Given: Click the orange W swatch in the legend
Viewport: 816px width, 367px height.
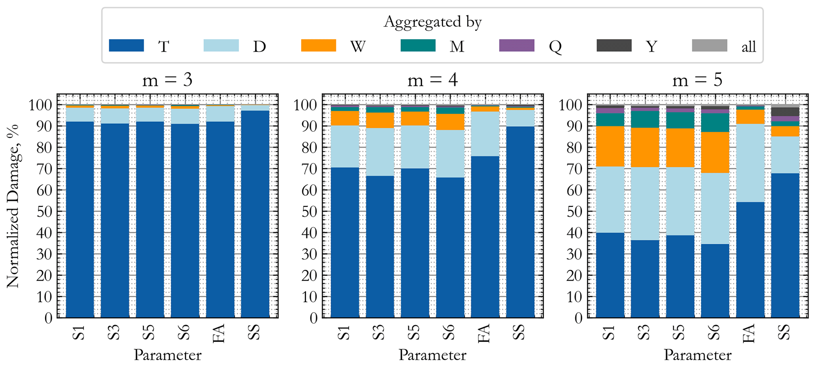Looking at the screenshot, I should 318,45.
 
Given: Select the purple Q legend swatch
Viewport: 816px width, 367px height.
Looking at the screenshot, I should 516,45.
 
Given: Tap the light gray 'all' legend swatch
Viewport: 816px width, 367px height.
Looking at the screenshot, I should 709,45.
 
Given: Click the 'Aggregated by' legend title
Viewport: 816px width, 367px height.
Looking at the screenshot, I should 432,22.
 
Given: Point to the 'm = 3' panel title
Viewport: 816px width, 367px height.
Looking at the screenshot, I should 167,80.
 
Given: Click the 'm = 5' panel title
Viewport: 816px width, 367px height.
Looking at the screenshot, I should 697,80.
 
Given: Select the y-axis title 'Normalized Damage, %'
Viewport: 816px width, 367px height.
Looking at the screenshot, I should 13,206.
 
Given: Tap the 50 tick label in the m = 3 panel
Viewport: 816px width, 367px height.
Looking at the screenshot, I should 44,211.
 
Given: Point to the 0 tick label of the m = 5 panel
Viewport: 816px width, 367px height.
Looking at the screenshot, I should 579,318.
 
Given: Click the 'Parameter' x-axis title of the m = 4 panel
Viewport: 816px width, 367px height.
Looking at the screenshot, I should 432,355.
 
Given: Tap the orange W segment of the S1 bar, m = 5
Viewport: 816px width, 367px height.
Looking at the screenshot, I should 610,146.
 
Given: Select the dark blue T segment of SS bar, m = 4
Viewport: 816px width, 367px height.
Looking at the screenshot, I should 520,221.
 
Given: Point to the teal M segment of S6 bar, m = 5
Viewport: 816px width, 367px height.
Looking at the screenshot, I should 715,122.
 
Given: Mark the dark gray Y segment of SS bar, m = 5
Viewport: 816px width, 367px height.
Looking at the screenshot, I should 785,111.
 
